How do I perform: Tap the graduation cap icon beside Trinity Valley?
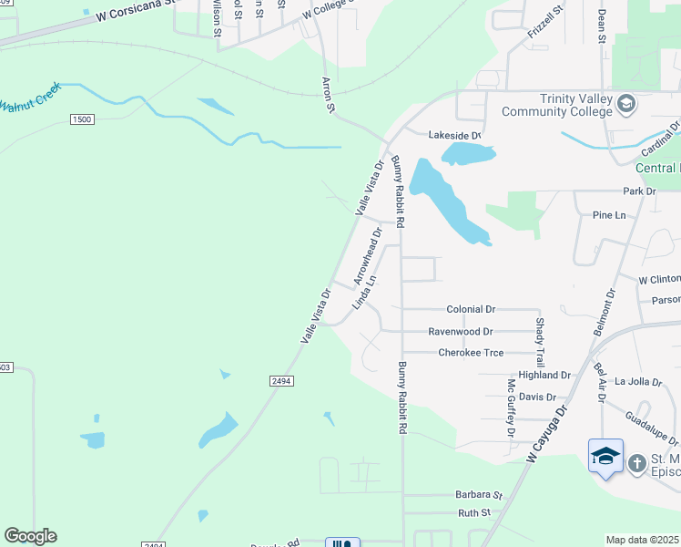(625, 104)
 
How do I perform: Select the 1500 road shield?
(82, 120)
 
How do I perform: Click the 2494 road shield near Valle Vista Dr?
(280, 380)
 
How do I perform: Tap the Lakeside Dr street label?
(453, 135)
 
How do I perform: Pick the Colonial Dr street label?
(470, 310)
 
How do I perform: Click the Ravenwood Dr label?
(461, 332)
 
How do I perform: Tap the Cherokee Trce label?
(471, 353)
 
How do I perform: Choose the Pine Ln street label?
(609, 215)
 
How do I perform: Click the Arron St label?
(329, 95)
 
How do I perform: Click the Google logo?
(30, 536)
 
